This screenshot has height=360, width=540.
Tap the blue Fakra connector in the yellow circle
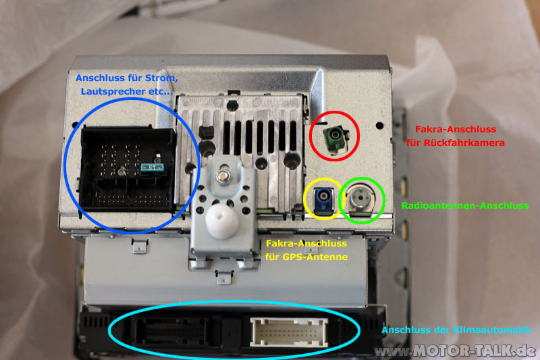pyautogui.click(x=324, y=199)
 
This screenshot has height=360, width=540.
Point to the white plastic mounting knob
pyautogui.click(x=223, y=220)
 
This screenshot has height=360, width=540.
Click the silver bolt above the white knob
pyautogui.click(x=224, y=176)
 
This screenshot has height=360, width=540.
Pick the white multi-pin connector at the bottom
pyautogui.click(x=289, y=332)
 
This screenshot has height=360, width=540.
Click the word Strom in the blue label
pyautogui.click(x=161, y=78)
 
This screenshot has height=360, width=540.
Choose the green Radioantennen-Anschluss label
pyautogui.click(x=465, y=205)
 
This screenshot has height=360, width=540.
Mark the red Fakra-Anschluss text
pyautogui.click(x=455, y=130)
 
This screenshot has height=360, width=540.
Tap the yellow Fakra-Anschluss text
pyautogui.click(x=306, y=244)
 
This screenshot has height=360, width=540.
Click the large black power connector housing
pyautogui.click(x=128, y=169)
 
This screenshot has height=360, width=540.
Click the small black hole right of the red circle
pyautogui.click(x=379, y=126)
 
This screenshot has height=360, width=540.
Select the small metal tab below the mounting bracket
pyautogui.click(x=224, y=278)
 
